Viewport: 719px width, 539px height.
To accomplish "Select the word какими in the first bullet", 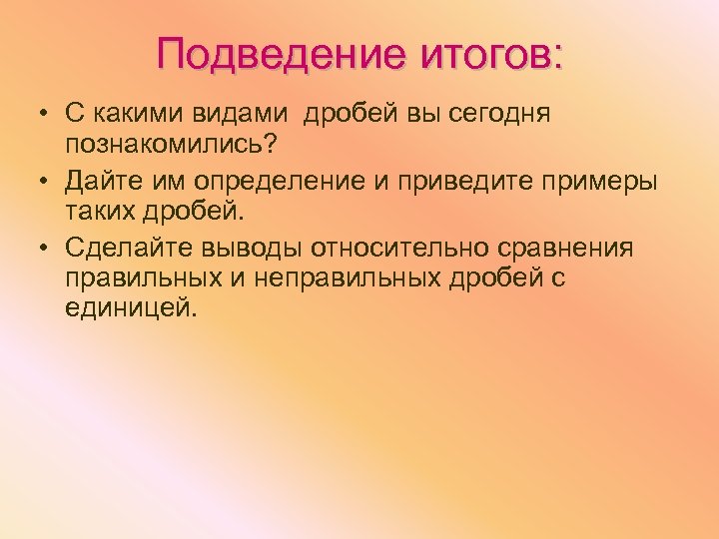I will pyautogui.click(x=136, y=112).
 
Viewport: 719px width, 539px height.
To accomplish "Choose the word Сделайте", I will pyautogui.click(x=130, y=247).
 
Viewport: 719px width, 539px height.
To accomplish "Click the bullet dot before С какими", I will pyautogui.click(x=46, y=113).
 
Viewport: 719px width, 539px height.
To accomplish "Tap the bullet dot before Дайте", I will pyautogui.click(x=46, y=181).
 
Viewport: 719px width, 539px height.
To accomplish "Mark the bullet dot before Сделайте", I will pyautogui.click(x=46, y=248).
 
